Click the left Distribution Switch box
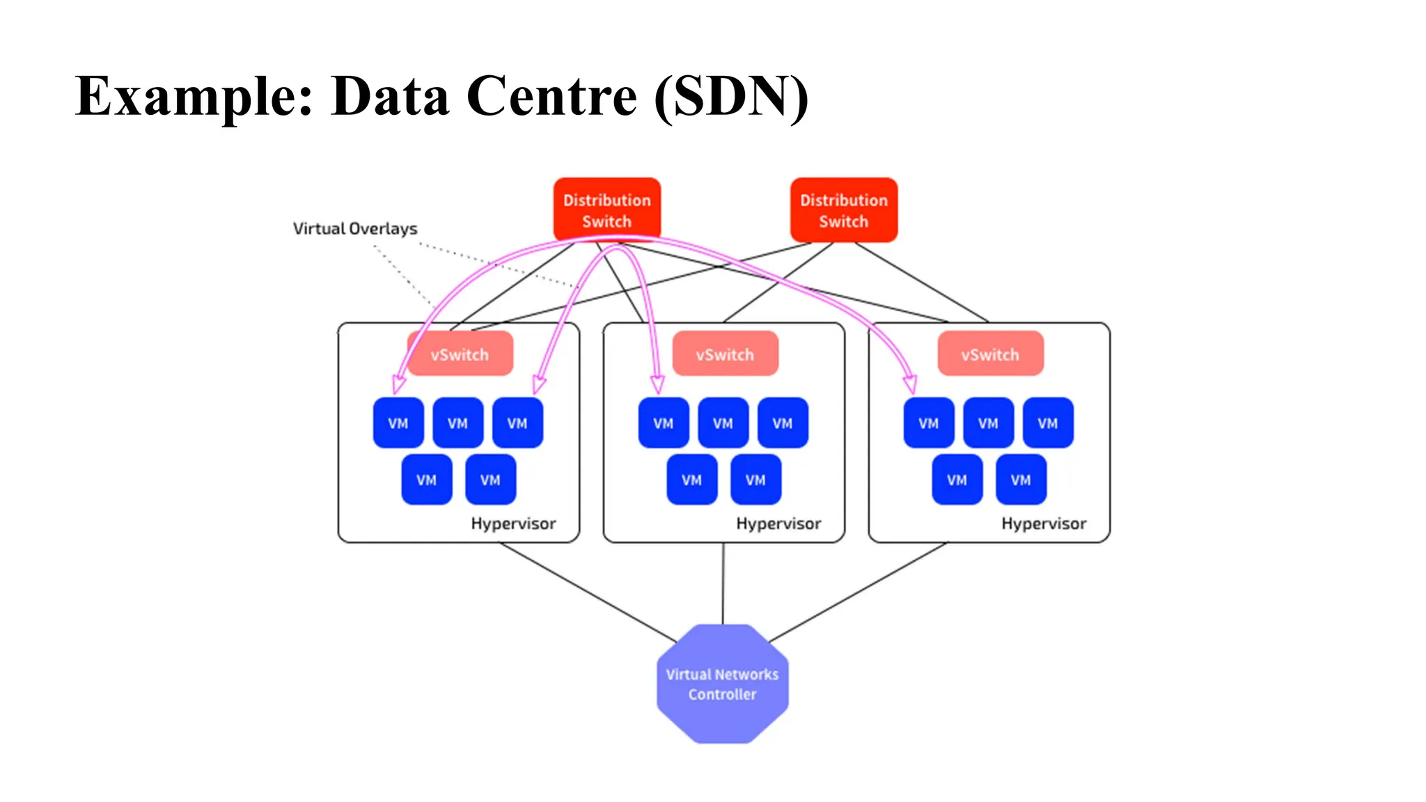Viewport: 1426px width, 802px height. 606,210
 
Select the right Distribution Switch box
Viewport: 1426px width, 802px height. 843,210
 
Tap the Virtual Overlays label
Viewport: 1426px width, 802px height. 355,228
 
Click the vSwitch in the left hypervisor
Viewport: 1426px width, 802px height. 460,354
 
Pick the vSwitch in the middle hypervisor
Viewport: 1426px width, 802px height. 725,354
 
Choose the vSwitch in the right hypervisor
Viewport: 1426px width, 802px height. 990,354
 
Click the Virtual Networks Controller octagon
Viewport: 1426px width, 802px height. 722,684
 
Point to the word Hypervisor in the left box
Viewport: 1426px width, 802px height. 513,524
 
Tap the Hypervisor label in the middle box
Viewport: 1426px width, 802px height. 778,524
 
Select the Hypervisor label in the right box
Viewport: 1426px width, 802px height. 1044,524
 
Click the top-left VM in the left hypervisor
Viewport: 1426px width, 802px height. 398,423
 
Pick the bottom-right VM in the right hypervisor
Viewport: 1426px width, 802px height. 1021,480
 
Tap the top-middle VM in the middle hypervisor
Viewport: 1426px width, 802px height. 723,423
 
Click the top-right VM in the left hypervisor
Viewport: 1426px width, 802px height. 517,423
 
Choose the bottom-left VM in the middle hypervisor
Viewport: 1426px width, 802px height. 691,480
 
